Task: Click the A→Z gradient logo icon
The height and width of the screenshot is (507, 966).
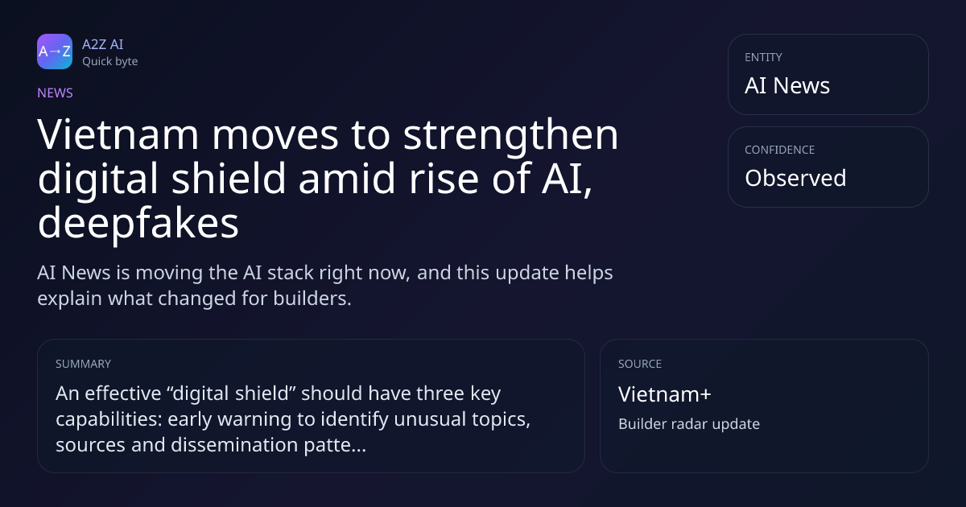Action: pos(55,52)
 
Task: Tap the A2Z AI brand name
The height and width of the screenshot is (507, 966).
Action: pos(103,44)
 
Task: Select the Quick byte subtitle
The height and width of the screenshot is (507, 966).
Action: pos(110,62)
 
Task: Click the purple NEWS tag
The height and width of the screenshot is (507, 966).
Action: pos(56,93)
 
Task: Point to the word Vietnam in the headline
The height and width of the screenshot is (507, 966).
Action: pos(118,134)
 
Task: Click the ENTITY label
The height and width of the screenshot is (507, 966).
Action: pos(763,57)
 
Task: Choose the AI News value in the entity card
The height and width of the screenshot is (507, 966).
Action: pos(787,85)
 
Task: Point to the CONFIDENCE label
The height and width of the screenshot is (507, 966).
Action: pos(780,150)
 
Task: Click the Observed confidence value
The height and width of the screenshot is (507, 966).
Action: pos(795,178)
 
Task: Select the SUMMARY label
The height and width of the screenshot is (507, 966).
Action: pos(83,364)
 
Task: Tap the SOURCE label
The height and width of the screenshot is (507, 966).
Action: pos(640,364)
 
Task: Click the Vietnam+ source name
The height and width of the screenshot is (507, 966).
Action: pos(665,394)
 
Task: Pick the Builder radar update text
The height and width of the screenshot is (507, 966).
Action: pos(689,424)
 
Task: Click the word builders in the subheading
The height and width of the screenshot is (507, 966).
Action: pos(312,299)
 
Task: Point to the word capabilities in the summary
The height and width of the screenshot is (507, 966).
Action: pos(109,419)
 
